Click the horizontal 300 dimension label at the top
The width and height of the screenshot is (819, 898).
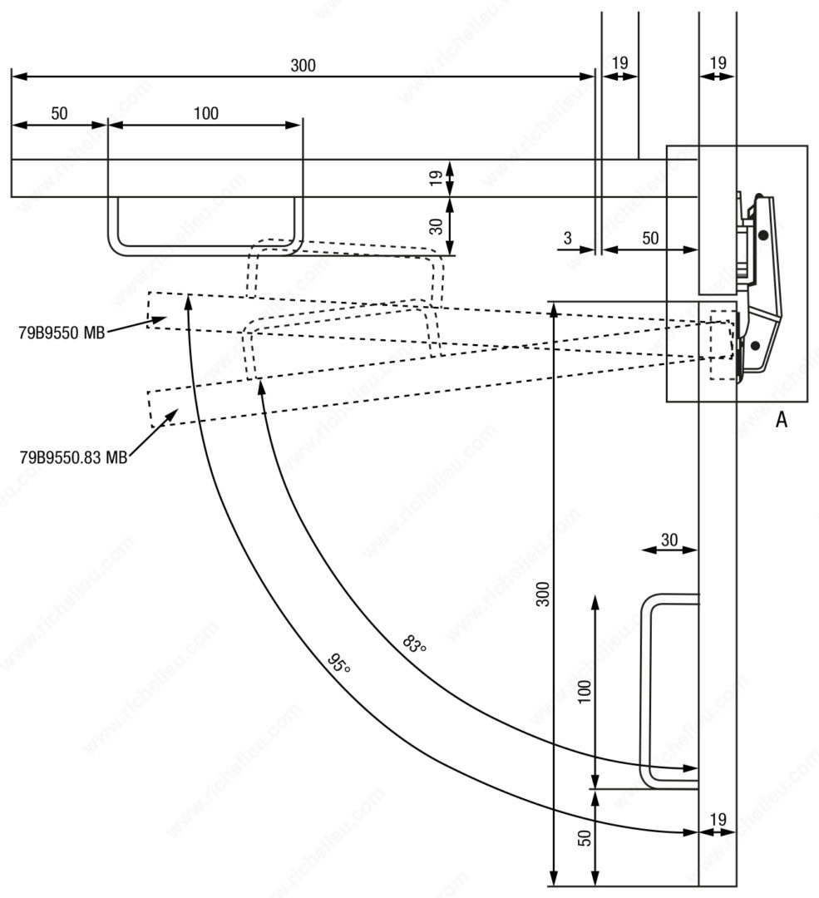(303, 66)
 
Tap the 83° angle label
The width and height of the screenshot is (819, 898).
(414, 644)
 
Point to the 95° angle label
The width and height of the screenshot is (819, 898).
(338, 664)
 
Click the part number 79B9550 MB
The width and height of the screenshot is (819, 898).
(61, 333)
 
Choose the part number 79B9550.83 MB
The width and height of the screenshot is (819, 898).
(72, 456)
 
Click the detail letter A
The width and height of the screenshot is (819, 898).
(781, 421)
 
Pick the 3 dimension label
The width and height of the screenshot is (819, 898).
(567, 238)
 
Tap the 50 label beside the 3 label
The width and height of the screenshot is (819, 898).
(649, 238)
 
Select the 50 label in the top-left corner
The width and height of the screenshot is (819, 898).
(59, 114)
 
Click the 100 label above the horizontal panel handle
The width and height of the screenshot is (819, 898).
(205, 114)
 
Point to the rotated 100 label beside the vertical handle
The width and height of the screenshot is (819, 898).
(584, 692)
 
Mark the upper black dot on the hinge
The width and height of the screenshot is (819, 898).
(763, 235)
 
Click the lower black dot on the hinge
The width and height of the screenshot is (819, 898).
(755, 344)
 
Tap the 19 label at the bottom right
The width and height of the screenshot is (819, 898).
(717, 820)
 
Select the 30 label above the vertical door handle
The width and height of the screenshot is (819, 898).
(669, 540)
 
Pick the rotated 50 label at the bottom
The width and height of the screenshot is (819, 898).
(584, 838)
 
